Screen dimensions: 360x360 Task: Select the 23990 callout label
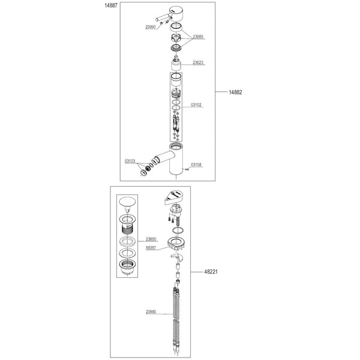tap(151, 26)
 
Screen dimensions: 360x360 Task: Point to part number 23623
tap(197, 62)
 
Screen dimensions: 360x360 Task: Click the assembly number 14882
tap(235, 92)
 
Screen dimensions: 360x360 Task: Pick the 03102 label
tap(197, 104)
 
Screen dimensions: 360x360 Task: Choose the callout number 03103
tap(130, 161)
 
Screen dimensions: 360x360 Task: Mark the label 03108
tap(197, 164)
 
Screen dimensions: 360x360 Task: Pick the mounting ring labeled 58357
tap(178, 244)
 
